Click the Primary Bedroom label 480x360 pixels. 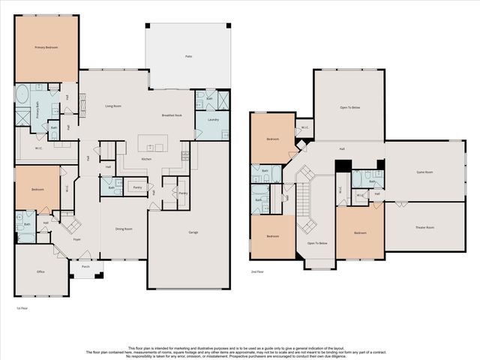[46, 47]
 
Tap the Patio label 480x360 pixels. [187, 56]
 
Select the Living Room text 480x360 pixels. [112, 106]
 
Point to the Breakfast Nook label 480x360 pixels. [172, 115]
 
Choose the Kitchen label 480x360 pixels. [147, 159]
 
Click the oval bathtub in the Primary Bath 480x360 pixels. [22, 95]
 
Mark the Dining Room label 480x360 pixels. [124, 229]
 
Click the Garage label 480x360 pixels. [193, 232]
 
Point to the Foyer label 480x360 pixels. [76, 240]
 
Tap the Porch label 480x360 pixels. [85, 266]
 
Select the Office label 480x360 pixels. [40, 272]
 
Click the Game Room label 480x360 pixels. [425, 172]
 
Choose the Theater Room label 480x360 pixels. [425, 226]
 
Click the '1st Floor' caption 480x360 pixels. [22, 307]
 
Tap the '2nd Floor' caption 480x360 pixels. [258, 273]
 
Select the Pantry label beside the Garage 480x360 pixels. [183, 193]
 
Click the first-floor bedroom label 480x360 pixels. [37, 189]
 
